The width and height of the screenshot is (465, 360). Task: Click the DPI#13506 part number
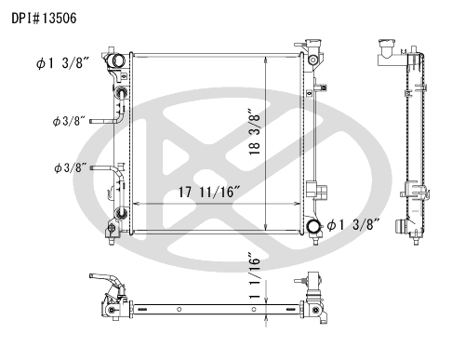tap(44, 19)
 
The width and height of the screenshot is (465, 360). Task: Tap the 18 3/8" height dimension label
tap(254, 132)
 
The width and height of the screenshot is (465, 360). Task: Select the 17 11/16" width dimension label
tap(209, 192)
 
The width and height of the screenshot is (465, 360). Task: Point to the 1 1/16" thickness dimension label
tap(254, 276)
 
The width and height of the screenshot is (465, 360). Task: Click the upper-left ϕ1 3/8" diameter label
tap(63, 63)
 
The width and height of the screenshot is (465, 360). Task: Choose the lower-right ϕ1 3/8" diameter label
tap(353, 225)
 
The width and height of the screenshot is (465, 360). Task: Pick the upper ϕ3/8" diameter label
tap(69, 121)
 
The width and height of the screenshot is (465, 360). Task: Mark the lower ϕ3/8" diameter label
tap(70, 168)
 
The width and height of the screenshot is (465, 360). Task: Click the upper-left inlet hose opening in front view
tap(117, 60)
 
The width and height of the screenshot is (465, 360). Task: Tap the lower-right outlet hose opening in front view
tap(313, 226)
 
